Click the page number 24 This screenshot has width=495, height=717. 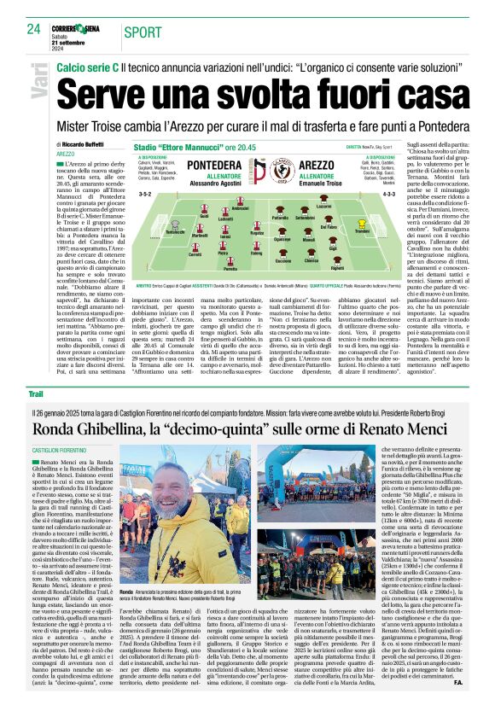pyautogui.click(x=34, y=29)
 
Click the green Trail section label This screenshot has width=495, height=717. pyautogui.click(x=35, y=393)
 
